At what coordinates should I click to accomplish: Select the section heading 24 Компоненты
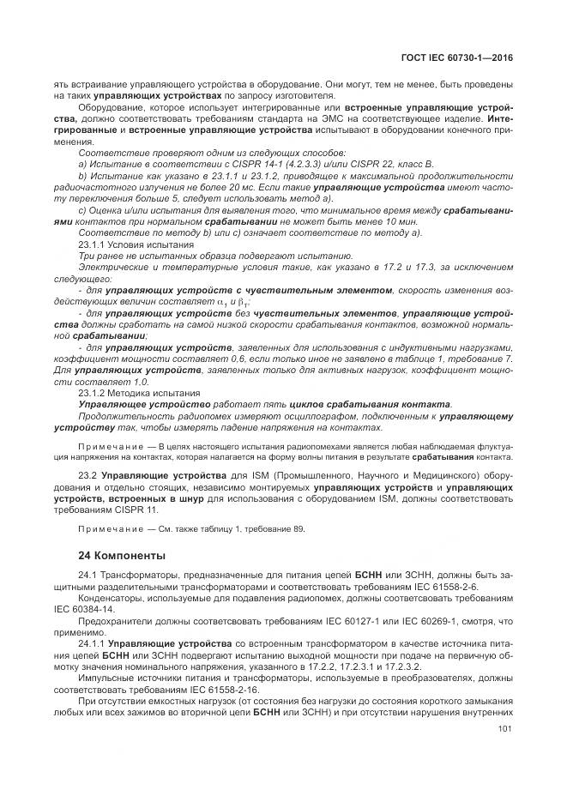point(122,555)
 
